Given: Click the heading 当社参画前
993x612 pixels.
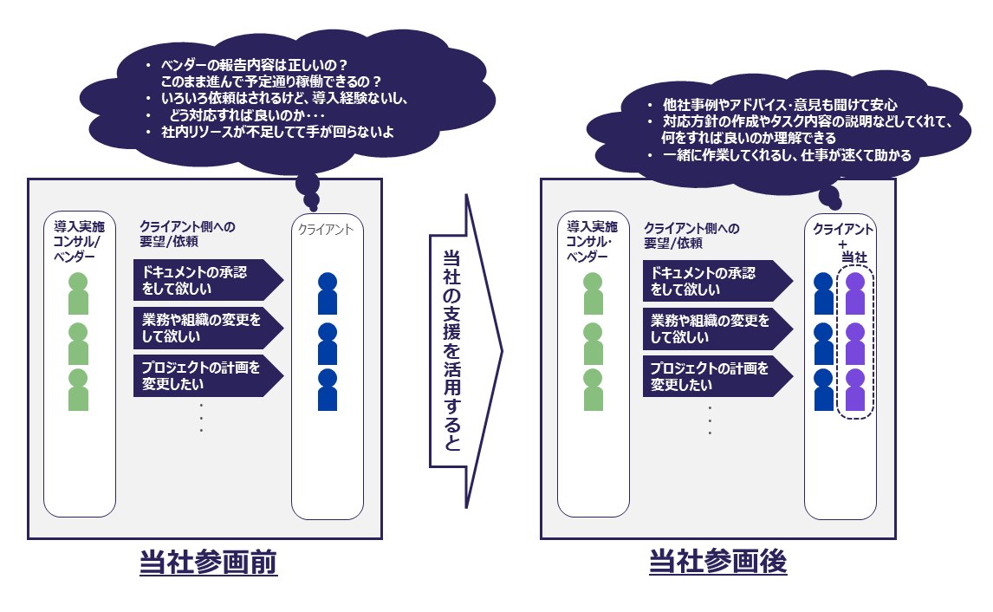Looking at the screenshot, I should pos(208,563).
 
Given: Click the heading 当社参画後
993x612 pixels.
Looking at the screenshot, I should pos(717,563).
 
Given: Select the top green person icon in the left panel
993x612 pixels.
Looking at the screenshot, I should pos(79,294).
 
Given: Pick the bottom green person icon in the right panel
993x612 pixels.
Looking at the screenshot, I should pos(593,389).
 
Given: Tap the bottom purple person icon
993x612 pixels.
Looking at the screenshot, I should pos(855,389).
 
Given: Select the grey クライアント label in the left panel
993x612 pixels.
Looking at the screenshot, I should pos(326,230).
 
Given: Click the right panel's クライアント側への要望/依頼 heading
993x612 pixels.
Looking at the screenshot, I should pos(691,235).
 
